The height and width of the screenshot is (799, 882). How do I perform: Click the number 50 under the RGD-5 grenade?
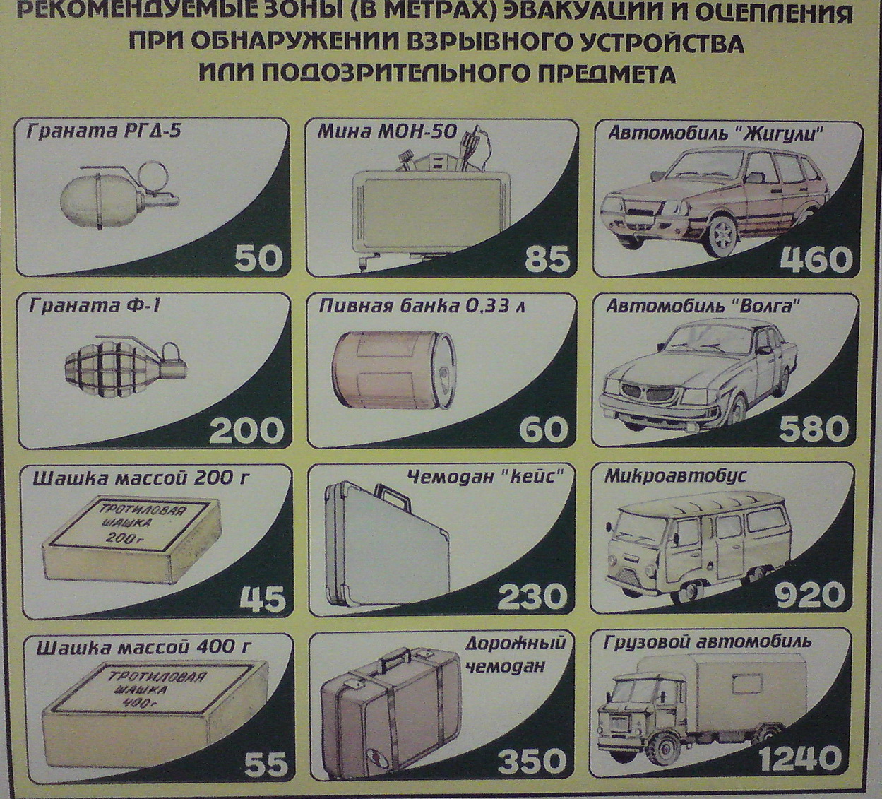tap(258, 259)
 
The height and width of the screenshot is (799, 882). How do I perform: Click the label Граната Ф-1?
tap(94, 306)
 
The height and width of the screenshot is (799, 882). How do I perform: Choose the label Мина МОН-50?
tap(387, 131)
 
